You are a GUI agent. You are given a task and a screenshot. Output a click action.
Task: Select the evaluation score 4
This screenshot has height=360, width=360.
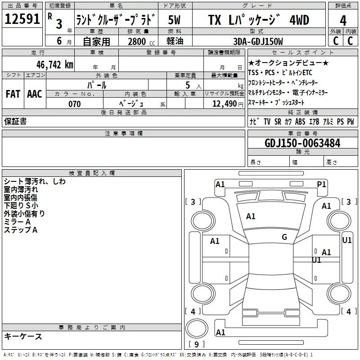click(343, 20)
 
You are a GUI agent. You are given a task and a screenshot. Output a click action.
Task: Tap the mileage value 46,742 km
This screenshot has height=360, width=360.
click(49, 64)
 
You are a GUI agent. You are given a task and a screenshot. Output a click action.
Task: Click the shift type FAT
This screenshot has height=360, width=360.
click(13, 94)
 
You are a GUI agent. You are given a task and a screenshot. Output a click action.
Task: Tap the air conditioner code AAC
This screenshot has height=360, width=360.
click(35, 94)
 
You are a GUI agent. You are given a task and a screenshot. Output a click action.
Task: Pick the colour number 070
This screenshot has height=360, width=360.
click(74, 104)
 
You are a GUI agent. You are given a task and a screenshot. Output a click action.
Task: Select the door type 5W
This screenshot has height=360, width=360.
click(175, 20)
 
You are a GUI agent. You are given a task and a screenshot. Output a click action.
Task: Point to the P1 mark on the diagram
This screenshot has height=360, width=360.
click(321, 184)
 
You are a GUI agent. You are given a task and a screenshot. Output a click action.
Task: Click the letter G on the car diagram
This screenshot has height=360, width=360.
click(284, 237)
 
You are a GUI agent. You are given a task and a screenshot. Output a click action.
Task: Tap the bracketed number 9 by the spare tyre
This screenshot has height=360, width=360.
click(195, 344)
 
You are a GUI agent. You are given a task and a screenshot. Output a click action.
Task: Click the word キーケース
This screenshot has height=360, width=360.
click(23, 336)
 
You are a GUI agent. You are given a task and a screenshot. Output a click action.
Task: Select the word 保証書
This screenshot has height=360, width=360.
click(15, 121)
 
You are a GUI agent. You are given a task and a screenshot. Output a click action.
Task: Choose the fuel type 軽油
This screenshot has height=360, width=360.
click(175, 41)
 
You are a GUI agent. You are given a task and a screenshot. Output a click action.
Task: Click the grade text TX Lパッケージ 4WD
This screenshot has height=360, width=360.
click(258, 20)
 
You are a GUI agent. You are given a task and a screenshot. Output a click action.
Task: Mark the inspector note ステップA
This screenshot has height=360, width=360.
click(21, 230)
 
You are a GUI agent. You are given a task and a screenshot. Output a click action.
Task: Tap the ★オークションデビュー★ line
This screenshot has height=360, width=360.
click(288, 63)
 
